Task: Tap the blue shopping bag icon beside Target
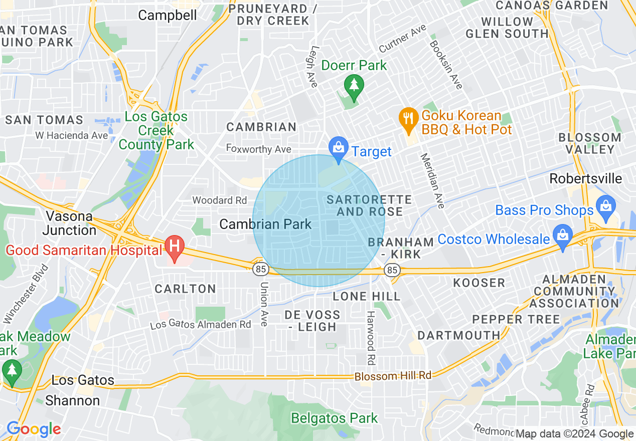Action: [x=339, y=149]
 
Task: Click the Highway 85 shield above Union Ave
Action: [x=260, y=270]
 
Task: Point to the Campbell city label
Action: [x=168, y=15]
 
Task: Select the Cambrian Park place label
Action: [x=266, y=224]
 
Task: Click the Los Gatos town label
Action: [x=83, y=380]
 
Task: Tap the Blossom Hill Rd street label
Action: [x=393, y=376]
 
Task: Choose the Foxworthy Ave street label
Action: [x=258, y=149]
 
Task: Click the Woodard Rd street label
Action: [x=220, y=200]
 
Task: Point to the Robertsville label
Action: [x=585, y=179]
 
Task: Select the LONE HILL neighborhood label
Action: [x=367, y=296]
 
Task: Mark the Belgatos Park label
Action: [x=335, y=418]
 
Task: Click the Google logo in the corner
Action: [x=34, y=429]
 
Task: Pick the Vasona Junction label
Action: [x=69, y=224]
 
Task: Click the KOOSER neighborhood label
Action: [x=479, y=283]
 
